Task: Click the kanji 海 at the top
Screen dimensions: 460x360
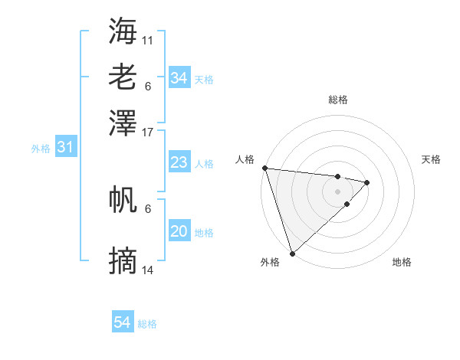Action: (123, 30)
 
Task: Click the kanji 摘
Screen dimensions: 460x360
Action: (123, 261)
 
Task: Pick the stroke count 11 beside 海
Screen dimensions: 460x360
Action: (148, 39)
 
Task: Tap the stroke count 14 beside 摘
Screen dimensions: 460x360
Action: (148, 270)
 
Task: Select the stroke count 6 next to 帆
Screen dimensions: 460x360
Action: (148, 208)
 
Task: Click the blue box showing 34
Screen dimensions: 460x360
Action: (179, 78)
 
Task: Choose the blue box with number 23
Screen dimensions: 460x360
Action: (179, 162)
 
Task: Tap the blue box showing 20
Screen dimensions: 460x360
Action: (179, 231)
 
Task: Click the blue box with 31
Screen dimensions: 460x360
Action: (65, 147)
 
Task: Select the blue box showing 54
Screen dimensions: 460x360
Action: (123, 322)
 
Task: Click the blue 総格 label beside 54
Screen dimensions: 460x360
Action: (147, 324)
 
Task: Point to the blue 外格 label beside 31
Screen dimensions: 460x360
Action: (41, 149)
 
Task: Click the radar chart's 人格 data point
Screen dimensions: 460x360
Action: (264, 168)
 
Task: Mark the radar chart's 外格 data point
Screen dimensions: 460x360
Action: (293, 253)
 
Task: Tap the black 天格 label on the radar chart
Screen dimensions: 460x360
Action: (432, 159)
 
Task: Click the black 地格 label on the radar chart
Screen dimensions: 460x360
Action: (402, 262)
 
